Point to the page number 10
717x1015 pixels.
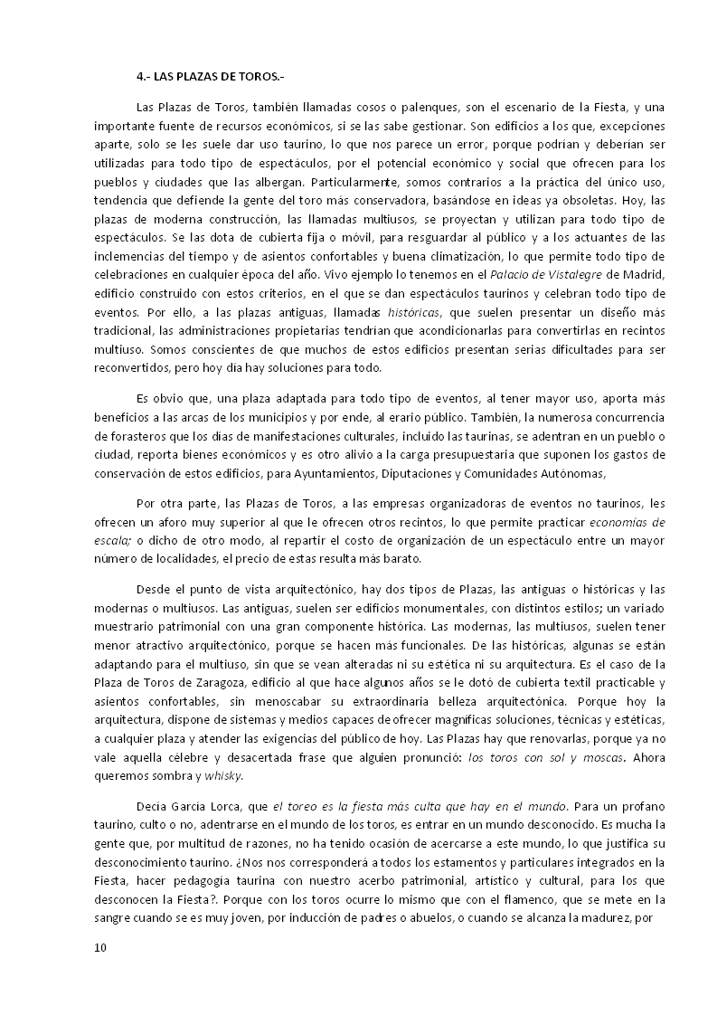click(99, 948)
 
